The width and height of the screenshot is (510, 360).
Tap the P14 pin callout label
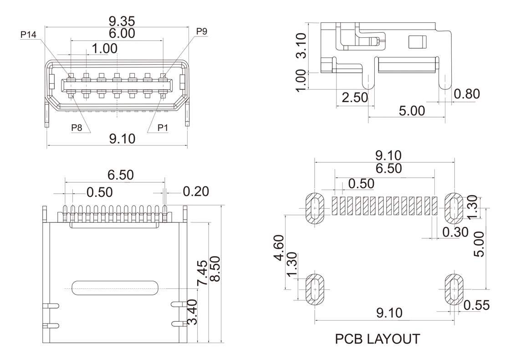[28, 34]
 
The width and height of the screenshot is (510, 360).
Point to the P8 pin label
[77, 128]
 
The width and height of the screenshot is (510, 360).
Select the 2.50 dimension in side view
[352, 97]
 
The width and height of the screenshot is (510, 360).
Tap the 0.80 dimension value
[467, 94]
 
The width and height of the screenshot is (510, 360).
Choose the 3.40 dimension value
[193, 312]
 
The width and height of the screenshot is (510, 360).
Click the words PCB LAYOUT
[377, 339]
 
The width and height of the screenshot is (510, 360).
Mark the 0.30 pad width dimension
[455, 232]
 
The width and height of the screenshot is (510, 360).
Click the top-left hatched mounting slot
[314, 208]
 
